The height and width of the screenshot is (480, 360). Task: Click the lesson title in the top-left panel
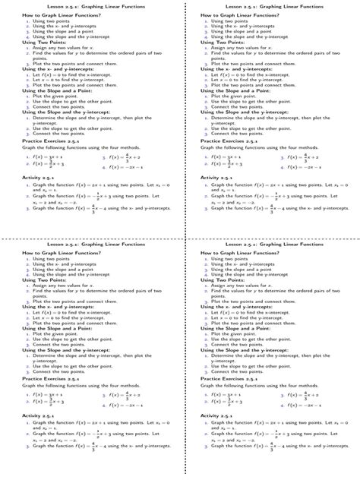[90, 7]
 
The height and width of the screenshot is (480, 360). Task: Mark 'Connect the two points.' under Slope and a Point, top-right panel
[233, 107]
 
